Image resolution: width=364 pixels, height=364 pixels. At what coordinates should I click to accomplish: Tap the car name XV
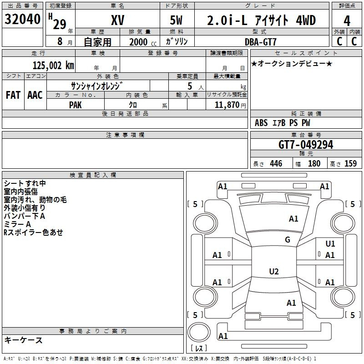point(117,20)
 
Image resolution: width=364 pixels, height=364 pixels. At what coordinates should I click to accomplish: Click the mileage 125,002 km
point(53,65)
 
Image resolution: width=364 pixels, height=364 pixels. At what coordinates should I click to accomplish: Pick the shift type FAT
point(13,95)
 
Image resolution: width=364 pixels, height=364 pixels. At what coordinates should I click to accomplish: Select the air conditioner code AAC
point(35,95)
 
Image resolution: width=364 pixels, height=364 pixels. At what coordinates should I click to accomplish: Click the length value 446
point(276,164)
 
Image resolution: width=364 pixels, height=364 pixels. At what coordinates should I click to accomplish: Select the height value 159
point(350,164)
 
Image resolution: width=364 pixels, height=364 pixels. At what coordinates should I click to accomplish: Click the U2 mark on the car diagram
point(273,272)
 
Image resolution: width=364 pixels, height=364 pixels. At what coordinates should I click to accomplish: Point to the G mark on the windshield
point(288,240)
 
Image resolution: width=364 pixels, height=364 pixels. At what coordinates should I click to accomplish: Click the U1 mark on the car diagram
point(330,244)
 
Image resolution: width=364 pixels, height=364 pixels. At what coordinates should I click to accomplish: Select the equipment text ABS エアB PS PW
point(283,123)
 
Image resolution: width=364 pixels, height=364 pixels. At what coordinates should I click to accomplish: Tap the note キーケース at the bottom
point(23,340)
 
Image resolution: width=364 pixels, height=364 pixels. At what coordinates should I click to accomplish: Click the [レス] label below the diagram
point(199,349)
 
